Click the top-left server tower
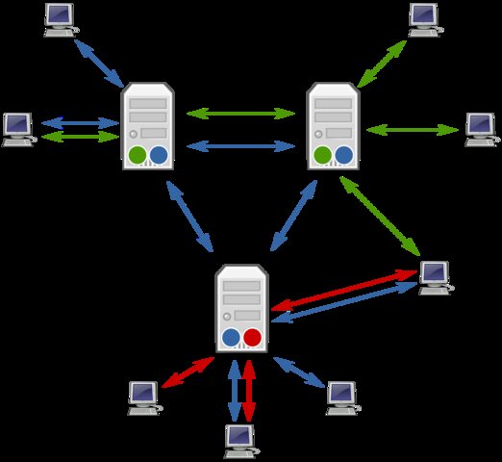click(147, 126)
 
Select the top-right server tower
click(333, 126)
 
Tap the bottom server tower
click(240, 308)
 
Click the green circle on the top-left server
click(138, 154)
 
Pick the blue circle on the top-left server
click(159, 154)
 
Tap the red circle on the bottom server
click(252, 337)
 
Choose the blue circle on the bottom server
click(231, 337)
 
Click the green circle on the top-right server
click(323, 154)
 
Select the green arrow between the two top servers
click(240, 114)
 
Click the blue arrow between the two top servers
click(240, 146)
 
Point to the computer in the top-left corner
click(60, 18)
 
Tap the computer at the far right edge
click(479, 128)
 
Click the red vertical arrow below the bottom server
click(249, 390)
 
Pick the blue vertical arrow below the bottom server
click(234, 390)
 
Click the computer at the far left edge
click(17, 128)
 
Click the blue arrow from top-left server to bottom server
click(190, 217)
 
